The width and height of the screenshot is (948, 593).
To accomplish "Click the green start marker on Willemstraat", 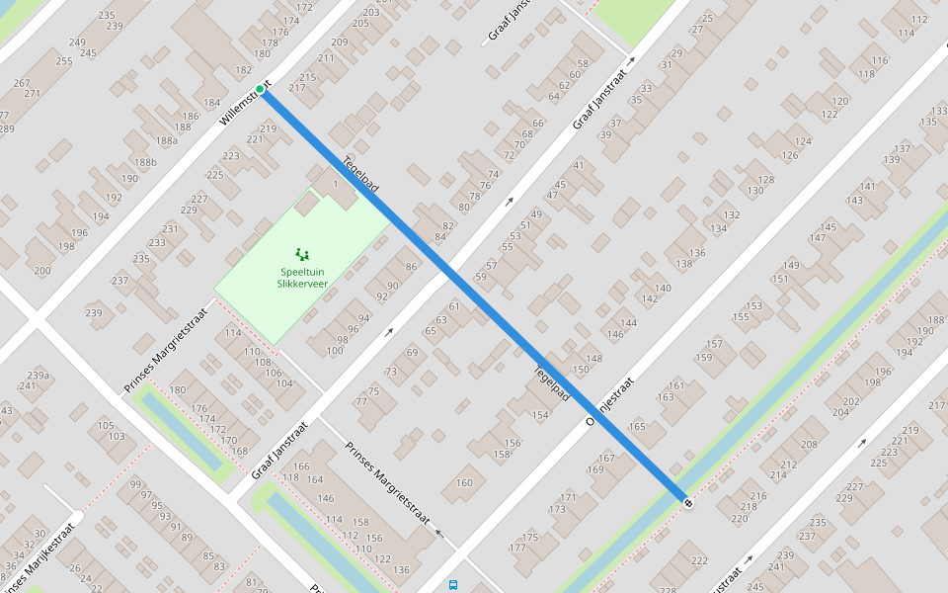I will [x=260, y=89].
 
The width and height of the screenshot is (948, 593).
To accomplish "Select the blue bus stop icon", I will [x=453, y=585].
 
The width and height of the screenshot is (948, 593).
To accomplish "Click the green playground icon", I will [x=302, y=254].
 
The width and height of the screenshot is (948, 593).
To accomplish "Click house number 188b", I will [x=145, y=163].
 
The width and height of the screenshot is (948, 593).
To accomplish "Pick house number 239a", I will [x=38, y=376].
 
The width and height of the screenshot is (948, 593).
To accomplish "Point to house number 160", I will [x=464, y=483].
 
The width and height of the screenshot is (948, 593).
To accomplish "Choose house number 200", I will [x=41, y=271].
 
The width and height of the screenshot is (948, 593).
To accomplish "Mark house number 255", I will [x=64, y=61].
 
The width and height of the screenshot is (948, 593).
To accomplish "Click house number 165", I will [x=636, y=427].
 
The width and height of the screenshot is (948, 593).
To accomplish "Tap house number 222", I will [x=699, y=561].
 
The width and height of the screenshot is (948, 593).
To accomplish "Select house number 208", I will [x=809, y=445].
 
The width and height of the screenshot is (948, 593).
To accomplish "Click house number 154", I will [x=539, y=415].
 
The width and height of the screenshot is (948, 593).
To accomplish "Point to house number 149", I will [x=791, y=266].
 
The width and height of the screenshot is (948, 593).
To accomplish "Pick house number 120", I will [x=840, y=102].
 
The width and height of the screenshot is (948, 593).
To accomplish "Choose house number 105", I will [x=106, y=425].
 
